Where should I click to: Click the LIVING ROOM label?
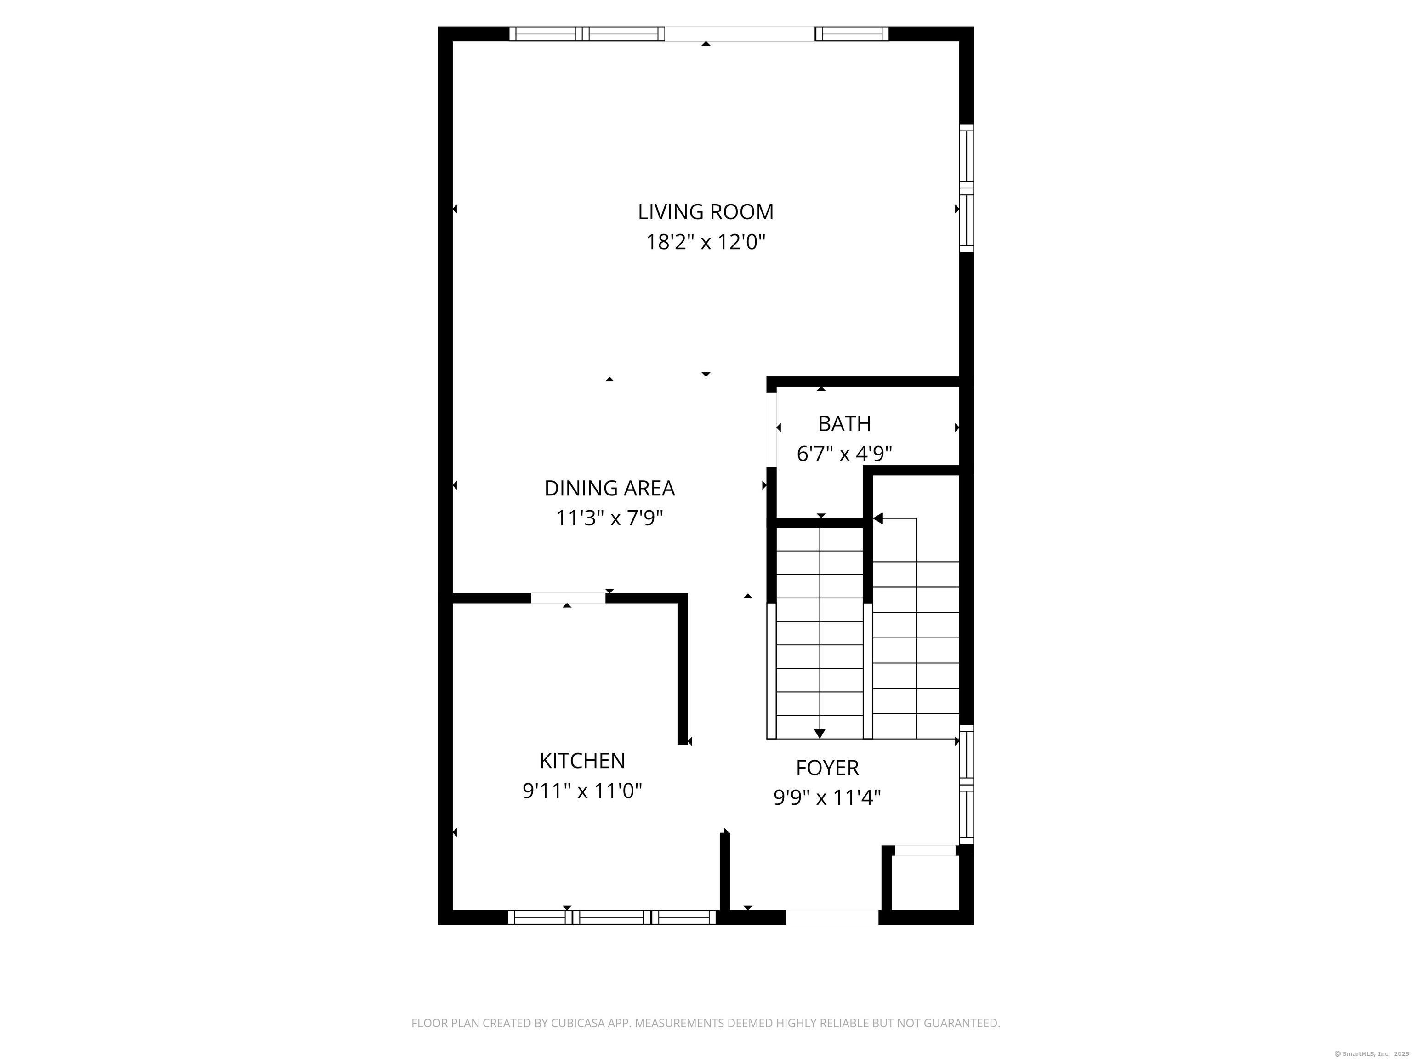(706, 212)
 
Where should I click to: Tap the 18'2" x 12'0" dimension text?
(706, 243)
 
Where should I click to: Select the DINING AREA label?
(609, 488)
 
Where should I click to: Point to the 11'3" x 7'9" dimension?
(609, 518)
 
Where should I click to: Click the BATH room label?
(844, 424)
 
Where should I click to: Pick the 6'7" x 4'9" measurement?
(844, 454)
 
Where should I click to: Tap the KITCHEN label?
(582, 761)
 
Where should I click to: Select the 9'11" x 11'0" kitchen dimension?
(582, 791)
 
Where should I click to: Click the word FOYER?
(827, 768)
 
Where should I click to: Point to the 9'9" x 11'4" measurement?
(827, 798)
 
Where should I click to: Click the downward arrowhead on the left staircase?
(820, 734)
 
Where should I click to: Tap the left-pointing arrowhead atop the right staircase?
(878, 518)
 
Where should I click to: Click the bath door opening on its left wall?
(771, 429)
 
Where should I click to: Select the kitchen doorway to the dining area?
(568, 598)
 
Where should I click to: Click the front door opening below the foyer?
(832, 917)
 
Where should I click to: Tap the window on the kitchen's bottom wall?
(611, 917)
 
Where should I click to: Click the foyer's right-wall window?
(967, 785)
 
